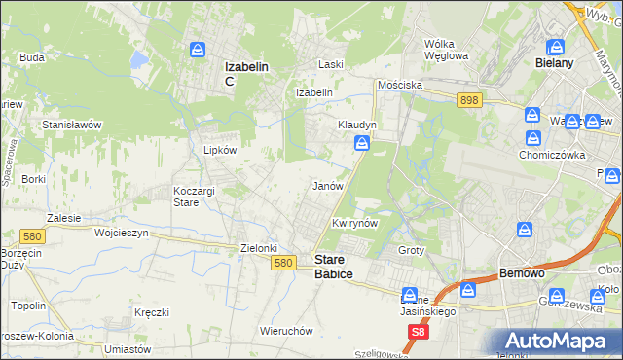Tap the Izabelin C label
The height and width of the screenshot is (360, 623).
246,73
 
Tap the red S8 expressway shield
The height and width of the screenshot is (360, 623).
417,333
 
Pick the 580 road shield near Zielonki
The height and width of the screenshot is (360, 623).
283,263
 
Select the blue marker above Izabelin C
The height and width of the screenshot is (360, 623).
198,49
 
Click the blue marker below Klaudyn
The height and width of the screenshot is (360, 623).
361,145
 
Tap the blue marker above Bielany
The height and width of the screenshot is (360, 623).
556,46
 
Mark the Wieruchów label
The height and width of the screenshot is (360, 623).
285,331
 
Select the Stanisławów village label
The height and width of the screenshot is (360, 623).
72,126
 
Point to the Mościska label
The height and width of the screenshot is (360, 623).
400,85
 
